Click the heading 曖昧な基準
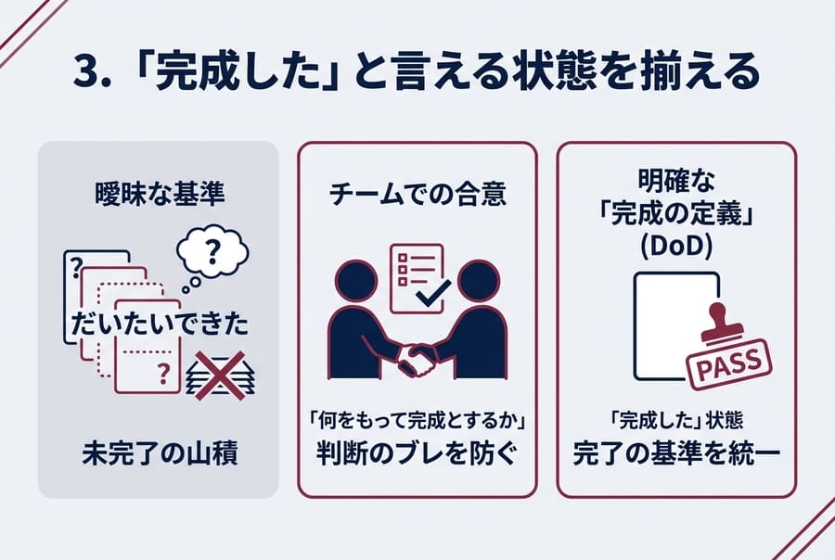[158, 196]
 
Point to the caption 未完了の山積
[158, 456]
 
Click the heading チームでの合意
[417, 196]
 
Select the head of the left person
[356, 282]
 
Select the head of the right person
[479, 282]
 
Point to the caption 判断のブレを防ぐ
[417, 456]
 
